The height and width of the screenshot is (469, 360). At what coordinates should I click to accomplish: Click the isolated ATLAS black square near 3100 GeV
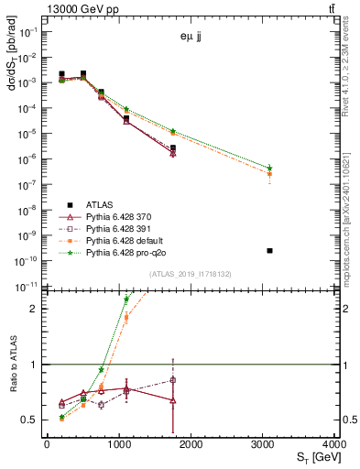[x=269, y=250]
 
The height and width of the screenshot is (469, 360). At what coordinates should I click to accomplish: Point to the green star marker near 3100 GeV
[x=269, y=168]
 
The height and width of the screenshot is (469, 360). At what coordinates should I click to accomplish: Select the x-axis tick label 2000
[x=191, y=444]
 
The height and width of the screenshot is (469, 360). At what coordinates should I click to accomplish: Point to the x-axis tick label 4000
[x=335, y=444]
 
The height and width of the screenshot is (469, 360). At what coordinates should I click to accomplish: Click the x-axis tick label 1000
[x=118, y=444]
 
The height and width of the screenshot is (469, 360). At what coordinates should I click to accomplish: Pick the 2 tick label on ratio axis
[x=35, y=309]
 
